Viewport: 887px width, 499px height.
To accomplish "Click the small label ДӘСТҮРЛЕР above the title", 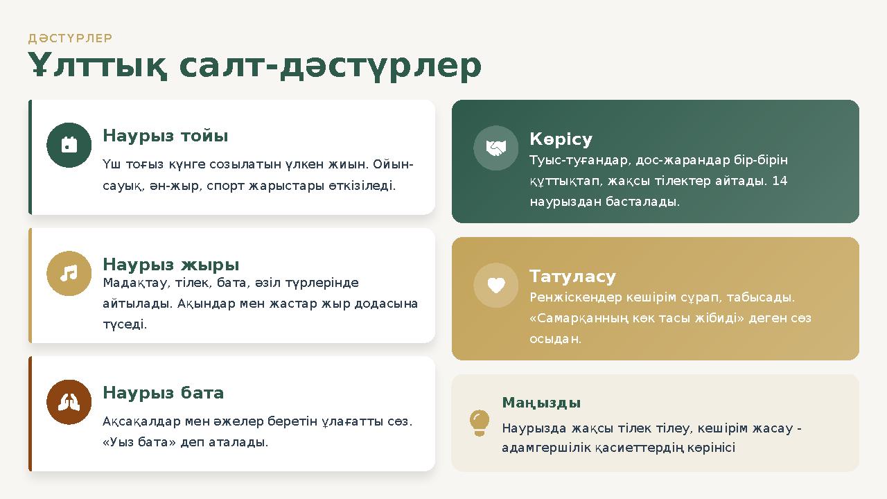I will pos(70,38).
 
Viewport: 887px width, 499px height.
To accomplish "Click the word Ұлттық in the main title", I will pos(98,67).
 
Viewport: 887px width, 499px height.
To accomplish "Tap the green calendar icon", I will pos(69,145).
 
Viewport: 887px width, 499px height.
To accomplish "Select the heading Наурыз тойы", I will pos(165,136).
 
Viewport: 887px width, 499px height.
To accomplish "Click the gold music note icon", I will pos(69,274).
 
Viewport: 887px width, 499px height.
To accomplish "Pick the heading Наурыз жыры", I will pos(170,264).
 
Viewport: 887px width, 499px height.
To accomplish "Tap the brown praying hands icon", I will pos(69,402).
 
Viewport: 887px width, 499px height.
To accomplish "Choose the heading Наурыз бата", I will pos(163,393).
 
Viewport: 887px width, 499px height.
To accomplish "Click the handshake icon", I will pos(495,148).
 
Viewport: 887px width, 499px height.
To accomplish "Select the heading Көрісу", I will pos(561,139).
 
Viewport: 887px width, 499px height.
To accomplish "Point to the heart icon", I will pos(495,285).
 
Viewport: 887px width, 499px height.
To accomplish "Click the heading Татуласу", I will pos(572,277).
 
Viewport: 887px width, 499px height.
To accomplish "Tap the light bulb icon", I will pos(479,423).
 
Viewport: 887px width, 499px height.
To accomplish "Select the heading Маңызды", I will pos(541,403).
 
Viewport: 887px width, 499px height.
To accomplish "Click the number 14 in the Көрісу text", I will pos(780,181).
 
